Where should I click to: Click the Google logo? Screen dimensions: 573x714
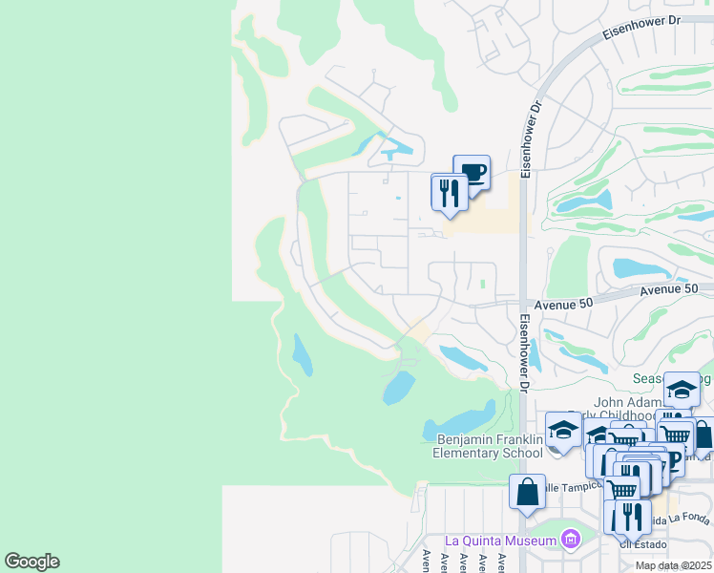(x=31, y=562)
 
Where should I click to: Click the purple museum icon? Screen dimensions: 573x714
(x=571, y=541)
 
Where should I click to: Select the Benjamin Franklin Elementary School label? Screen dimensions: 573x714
(x=490, y=446)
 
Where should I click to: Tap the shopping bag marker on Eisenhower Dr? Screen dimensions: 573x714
(x=527, y=493)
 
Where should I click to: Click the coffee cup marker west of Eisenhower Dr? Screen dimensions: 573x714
(x=472, y=173)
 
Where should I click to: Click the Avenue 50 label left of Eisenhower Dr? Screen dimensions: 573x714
(x=563, y=303)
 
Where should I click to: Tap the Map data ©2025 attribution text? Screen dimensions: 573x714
(x=674, y=565)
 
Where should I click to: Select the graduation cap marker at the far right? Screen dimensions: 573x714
(x=682, y=390)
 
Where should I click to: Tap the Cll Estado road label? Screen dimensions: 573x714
(x=640, y=544)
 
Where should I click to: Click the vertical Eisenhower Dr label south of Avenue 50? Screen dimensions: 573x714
(x=524, y=351)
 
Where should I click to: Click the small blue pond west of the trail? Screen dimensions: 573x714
(x=302, y=354)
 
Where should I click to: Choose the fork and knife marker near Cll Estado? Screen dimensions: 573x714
(x=633, y=517)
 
